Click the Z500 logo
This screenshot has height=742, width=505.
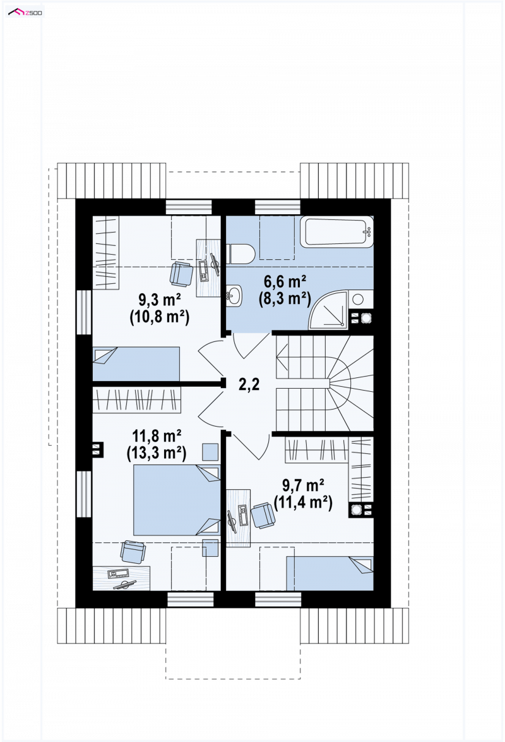tap(25, 12)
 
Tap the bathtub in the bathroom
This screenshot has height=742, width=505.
tap(336, 231)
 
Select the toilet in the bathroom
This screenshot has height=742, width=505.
tap(241, 253)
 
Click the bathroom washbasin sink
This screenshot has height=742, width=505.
tap(234, 296)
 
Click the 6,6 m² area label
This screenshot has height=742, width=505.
tap(285, 281)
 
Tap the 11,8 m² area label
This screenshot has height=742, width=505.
tap(157, 435)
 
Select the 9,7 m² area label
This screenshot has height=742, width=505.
tap(303, 485)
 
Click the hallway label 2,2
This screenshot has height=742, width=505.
tap(249, 384)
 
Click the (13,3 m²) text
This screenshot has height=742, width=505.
tap(157, 453)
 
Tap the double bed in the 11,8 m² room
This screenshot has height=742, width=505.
tap(177, 500)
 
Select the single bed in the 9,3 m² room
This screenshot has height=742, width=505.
tap(136, 363)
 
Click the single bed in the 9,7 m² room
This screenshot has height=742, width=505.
tap(330, 573)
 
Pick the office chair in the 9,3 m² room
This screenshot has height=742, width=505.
tap(182, 274)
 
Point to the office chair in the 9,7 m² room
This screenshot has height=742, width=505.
tap(263, 515)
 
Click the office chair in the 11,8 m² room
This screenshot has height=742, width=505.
tap(133, 552)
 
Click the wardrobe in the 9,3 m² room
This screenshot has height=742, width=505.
tap(105, 252)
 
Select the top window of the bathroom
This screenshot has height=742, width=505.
tap(278, 207)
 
